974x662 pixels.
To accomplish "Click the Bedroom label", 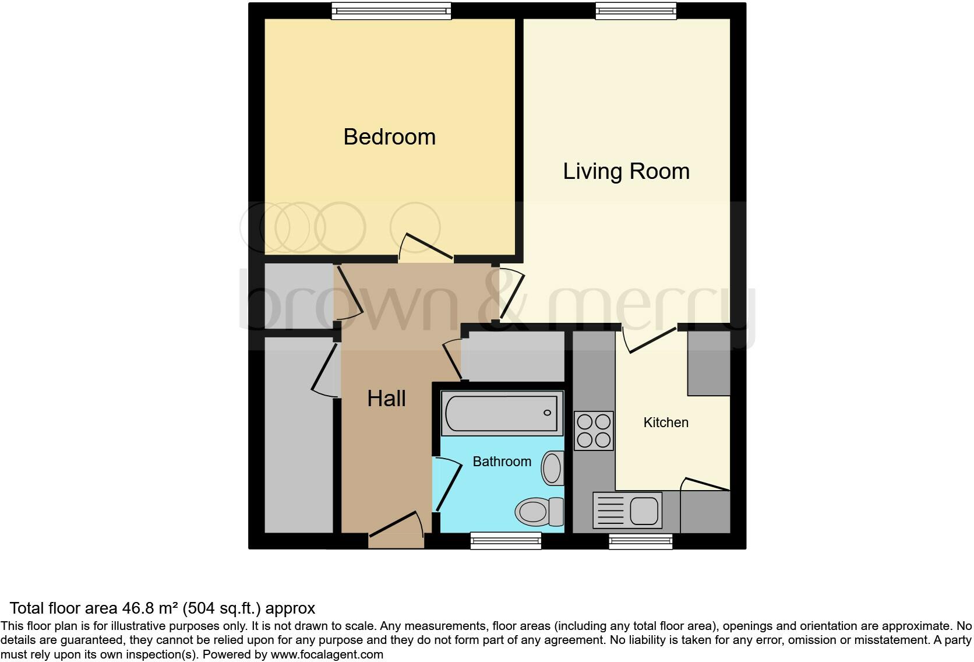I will [389, 137].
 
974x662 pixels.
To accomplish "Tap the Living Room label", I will [626, 171].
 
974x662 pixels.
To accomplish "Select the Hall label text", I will [386, 399].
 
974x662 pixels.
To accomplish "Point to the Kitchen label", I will [665, 422].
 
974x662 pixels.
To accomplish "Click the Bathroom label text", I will [502, 462].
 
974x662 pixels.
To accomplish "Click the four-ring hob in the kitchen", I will [594, 431].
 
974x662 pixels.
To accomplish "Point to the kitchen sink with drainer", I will [627, 510].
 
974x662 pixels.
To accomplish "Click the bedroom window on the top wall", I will [391, 10].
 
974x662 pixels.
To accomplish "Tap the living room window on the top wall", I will [636, 10].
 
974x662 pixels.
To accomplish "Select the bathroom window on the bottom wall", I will [506, 541].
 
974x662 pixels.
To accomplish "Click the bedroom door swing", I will [426, 248].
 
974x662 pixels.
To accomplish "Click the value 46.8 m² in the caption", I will [150, 608].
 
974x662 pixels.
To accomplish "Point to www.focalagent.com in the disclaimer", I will [327, 654].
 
